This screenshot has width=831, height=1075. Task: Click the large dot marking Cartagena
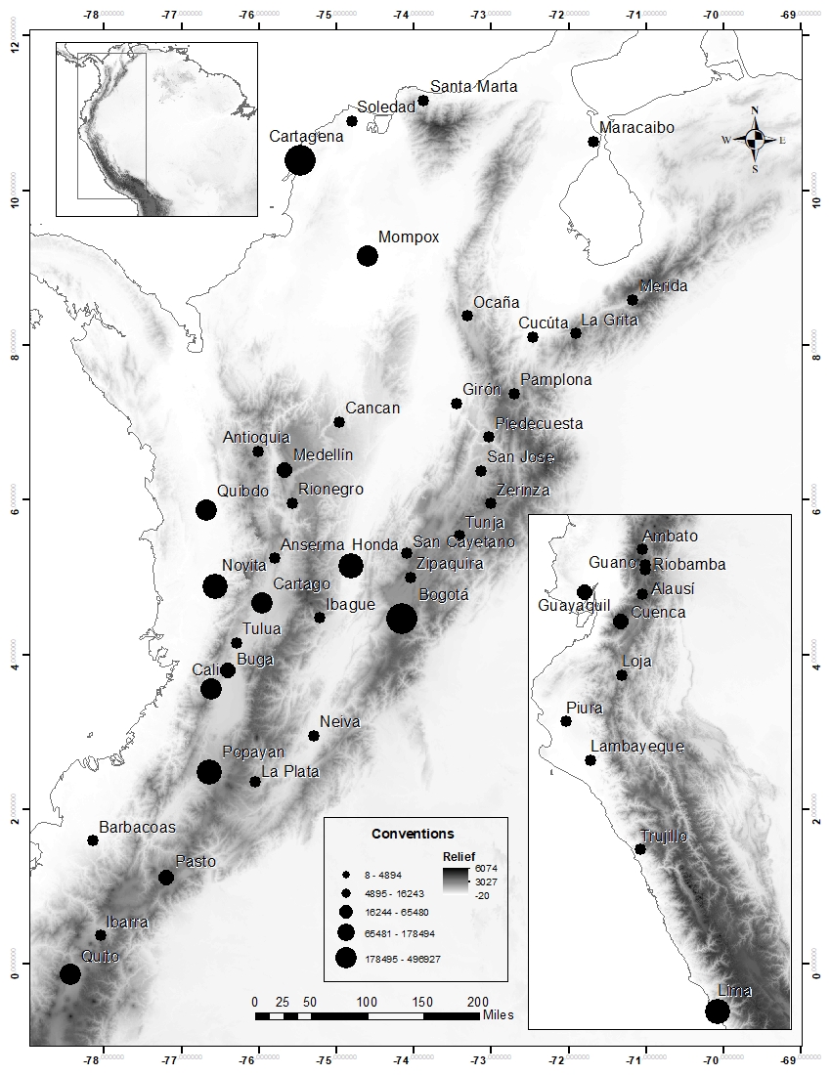tap(300, 160)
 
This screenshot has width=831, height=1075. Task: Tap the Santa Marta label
tap(474, 87)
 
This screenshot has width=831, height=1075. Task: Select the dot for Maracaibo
tap(593, 142)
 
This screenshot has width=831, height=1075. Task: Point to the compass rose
tap(755, 141)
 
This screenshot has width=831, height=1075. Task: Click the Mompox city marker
tap(368, 256)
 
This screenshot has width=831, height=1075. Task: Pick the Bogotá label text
tap(444, 594)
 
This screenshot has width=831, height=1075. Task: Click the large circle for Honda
tap(351, 566)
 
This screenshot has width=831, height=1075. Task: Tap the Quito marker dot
tap(69, 974)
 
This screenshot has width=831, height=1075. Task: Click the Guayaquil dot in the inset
tap(585, 592)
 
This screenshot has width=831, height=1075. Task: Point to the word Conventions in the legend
tap(413, 834)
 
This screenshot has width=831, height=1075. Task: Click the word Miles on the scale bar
tap(498, 1014)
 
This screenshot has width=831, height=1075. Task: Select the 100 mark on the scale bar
tap(367, 1002)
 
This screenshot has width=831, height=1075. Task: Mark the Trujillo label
tap(664, 837)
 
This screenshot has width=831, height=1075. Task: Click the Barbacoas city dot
tap(93, 840)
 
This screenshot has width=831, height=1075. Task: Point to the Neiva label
tap(340, 722)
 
